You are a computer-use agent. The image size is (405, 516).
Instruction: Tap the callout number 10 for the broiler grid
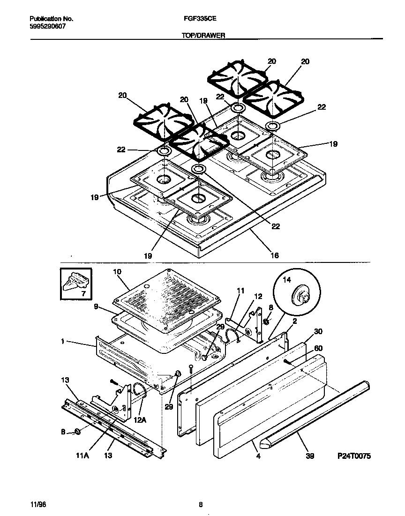(x=117, y=272)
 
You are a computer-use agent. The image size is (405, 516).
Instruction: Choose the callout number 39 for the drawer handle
(x=310, y=456)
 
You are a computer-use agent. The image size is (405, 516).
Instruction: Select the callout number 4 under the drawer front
(x=258, y=456)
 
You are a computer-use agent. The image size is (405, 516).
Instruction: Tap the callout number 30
(x=318, y=331)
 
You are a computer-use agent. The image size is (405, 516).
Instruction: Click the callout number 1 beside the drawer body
(x=62, y=343)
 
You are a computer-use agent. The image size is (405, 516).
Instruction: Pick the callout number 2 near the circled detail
(x=294, y=321)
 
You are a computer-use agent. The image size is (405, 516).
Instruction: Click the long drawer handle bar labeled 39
(x=319, y=412)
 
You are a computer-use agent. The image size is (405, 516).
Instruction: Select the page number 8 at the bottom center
(x=201, y=505)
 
